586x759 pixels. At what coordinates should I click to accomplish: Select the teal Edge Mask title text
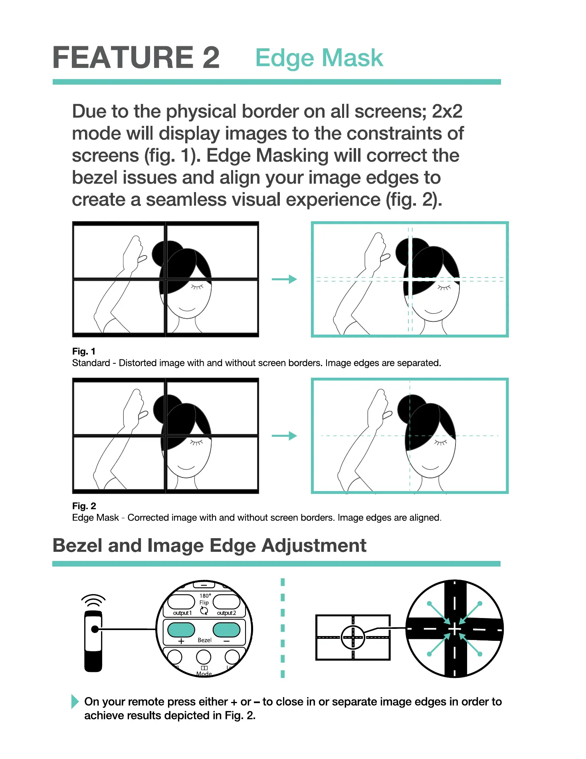coord(319,58)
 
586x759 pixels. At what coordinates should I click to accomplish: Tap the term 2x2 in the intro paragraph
coord(447,111)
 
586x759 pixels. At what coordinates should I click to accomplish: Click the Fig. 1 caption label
coord(83,351)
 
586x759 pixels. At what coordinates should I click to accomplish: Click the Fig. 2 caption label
coord(84,506)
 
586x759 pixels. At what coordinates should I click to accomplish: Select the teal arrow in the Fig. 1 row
coord(284,279)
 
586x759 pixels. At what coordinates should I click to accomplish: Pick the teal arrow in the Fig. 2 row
coord(284,436)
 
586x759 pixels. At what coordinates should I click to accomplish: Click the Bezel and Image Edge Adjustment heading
coord(209,545)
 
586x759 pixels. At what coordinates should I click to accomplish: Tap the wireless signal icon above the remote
coord(93,600)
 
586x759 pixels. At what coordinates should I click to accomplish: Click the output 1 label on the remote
coord(182,613)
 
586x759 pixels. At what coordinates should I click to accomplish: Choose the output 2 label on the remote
coord(226,613)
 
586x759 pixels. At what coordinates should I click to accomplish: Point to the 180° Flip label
coord(204,599)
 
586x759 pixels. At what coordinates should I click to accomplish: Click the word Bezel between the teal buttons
coord(204,640)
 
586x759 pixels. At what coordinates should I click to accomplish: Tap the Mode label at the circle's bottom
coord(204,674)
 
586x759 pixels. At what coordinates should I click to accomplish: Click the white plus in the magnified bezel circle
coord(454,629)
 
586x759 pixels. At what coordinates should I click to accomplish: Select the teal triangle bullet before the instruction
coord(75,702)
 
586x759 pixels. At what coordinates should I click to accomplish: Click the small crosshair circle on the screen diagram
coord(353,637)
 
